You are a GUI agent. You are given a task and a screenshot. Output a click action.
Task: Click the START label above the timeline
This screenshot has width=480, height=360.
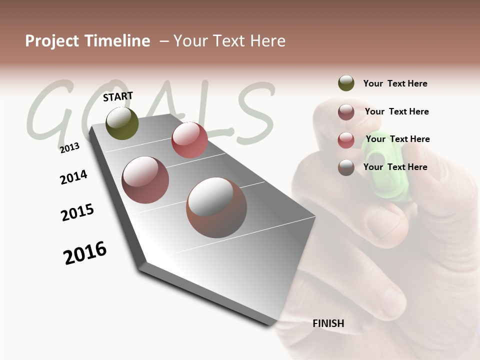tap(118, 96)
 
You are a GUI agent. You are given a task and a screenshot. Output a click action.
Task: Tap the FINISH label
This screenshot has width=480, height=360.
tap(328, 323)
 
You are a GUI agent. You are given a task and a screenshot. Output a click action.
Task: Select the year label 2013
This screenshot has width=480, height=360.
tap(69, 147)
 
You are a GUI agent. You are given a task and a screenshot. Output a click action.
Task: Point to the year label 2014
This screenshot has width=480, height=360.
tap(73, 177)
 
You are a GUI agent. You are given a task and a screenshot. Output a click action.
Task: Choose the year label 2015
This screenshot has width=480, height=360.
tap(77, 212)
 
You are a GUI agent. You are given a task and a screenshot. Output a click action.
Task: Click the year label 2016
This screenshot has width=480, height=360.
tap(85, 253)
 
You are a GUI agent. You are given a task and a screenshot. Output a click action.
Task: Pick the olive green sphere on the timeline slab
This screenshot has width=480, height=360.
tap(122, 123)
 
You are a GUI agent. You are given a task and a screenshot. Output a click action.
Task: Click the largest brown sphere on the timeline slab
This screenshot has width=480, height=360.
tap(216, 207)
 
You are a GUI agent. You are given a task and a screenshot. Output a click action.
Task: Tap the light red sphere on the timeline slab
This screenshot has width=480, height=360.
tap(189, 140)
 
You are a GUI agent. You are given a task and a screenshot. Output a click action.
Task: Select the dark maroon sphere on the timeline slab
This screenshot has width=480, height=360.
tap(145, 180)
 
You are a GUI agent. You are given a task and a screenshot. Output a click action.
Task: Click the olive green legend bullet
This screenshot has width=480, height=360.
tap(346, 83)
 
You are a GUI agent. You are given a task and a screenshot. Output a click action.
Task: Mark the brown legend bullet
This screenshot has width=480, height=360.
tap(346, 167)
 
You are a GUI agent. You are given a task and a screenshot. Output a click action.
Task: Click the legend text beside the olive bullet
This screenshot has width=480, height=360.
tap(395, 83)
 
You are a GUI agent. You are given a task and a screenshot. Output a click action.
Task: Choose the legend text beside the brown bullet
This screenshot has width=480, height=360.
tap(395, 167)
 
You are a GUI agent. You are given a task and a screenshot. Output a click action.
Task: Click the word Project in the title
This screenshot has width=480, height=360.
tap(52, 41)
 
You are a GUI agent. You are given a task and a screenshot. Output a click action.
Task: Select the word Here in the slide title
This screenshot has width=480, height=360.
tap(268, 41)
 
